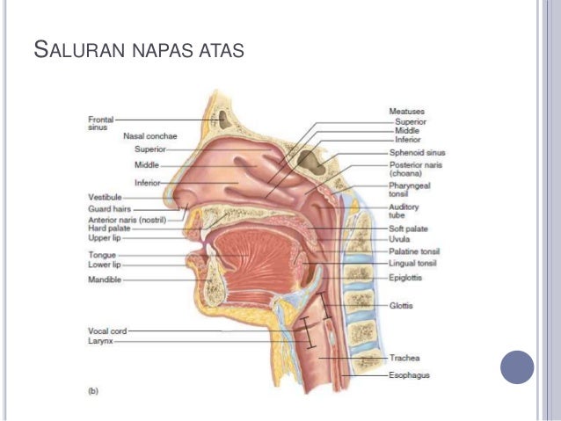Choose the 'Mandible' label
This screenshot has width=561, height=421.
click(x=102, y=279)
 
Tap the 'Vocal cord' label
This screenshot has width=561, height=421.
click(x=106, y=330)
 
